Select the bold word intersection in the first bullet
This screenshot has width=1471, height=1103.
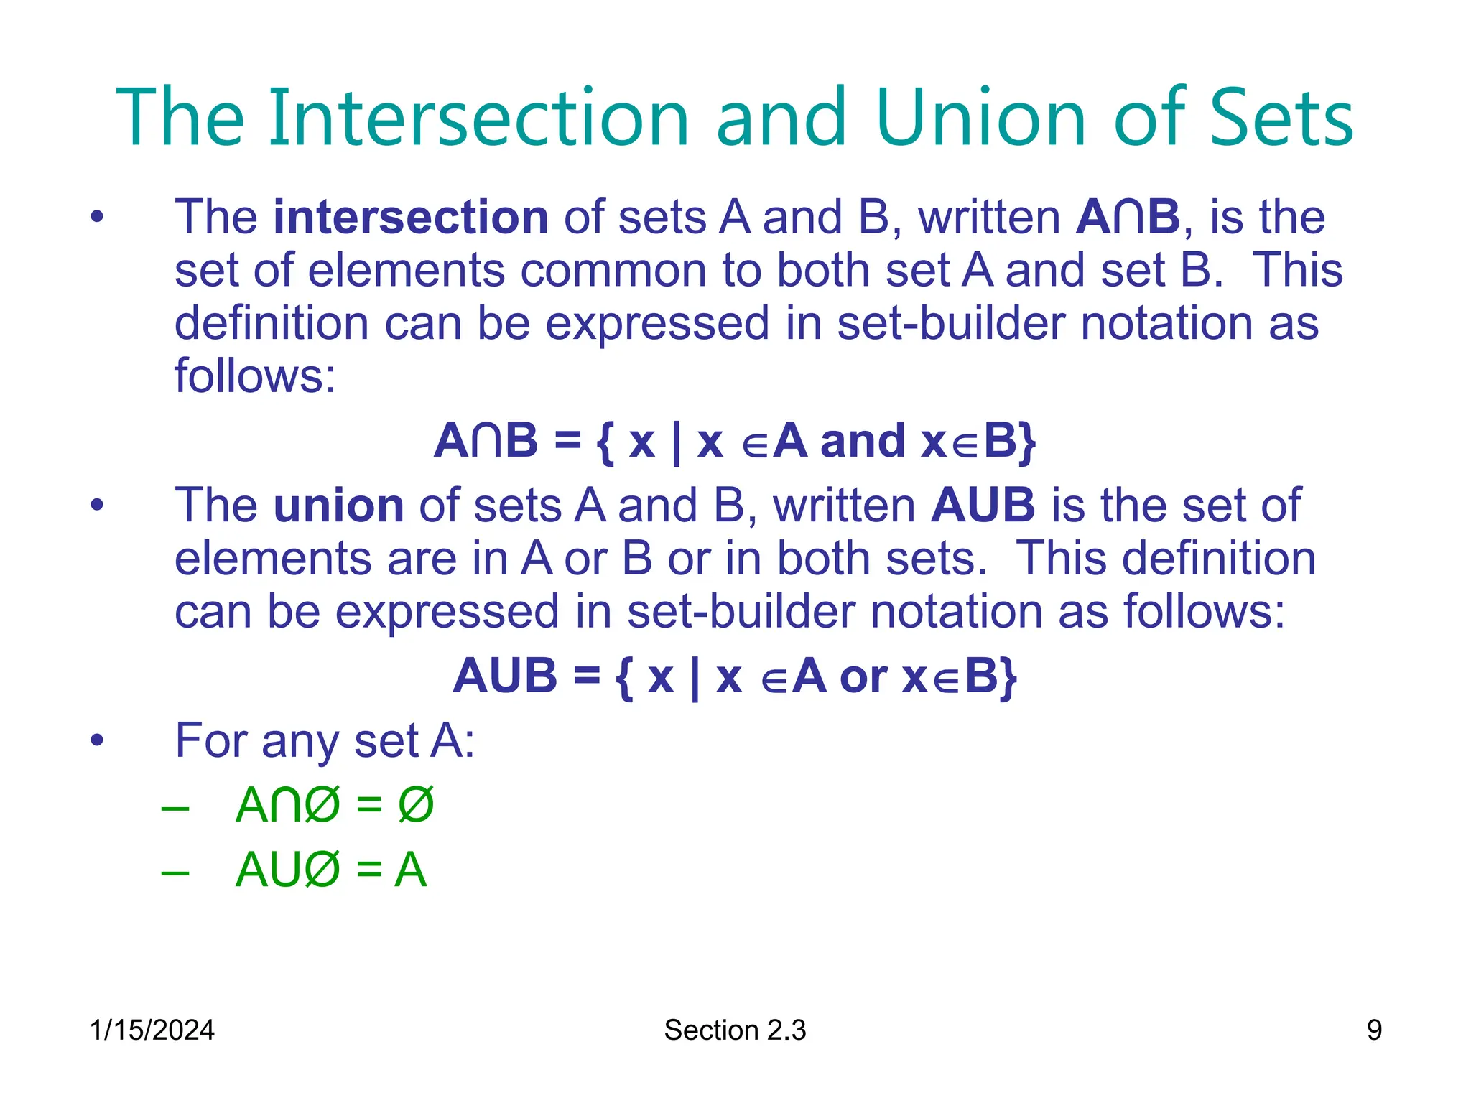pos(411,217)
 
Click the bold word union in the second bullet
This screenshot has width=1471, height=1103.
pos(339,506)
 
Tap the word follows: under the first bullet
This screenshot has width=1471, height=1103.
pos(255,376)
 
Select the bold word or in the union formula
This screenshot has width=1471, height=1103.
pos(863,676)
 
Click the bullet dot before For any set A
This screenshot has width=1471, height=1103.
pos(97,740)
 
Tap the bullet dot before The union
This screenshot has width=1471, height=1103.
pos(97,506)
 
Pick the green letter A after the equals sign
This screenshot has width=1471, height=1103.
pos(410,870)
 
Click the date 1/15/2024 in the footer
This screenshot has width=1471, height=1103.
pos(152,1030)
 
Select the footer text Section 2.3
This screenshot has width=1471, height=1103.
pos(735,1030)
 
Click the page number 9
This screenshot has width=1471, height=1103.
pos(1373,1030)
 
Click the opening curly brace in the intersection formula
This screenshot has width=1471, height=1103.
pos(605,442)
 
